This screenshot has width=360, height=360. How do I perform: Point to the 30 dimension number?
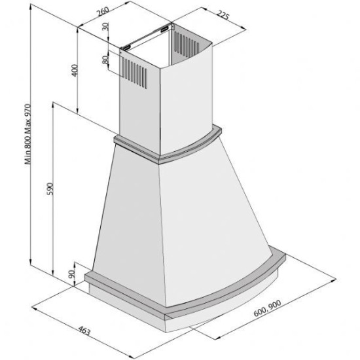pyautogui.click(x=105, y=29)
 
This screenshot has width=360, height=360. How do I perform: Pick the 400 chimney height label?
pyautogui.click(x=75, y=70)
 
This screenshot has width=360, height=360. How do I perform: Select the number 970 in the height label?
pyautogui.click(x=28, y=113)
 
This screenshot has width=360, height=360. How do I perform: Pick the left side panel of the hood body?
pyautogui.click(x=131, y=209)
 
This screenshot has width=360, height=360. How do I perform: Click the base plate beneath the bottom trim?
pyautogui.click(x=196, y=318)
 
